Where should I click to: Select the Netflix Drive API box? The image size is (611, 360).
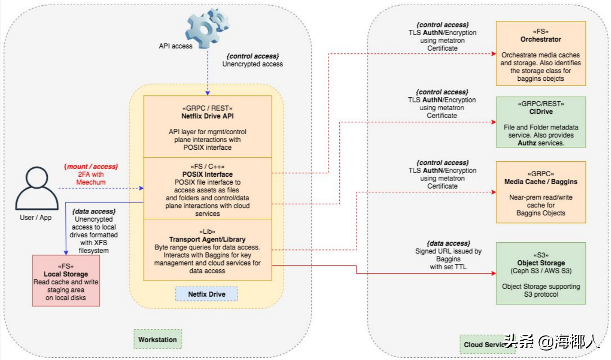[207, 126]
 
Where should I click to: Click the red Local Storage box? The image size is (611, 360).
[66, 281]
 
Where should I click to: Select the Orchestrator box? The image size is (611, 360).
[541, 53]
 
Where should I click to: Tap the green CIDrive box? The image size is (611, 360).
[541, 122]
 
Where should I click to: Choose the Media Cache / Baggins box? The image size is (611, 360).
[541, 192]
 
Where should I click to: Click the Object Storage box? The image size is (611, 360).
[541, 273]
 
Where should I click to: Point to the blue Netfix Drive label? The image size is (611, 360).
[207, 294]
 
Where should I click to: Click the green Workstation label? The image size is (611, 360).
[157, 339]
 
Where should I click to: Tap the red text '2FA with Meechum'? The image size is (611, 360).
[91, 178]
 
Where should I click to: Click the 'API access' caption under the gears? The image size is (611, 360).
[175, 46]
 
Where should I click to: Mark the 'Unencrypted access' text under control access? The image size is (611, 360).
[252, 64]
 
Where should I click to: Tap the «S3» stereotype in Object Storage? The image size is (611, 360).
[541, 255]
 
